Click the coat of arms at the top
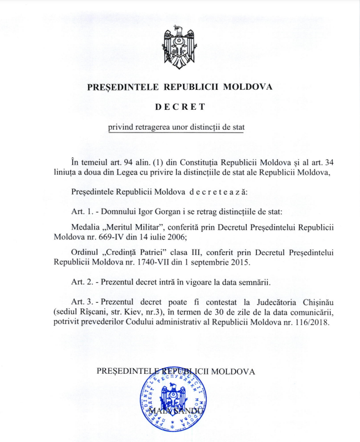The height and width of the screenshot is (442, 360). (x=180, y=49)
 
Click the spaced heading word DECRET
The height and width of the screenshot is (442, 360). (x=180, y=106)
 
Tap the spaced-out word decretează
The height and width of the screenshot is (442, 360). (x=219, y=192)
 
